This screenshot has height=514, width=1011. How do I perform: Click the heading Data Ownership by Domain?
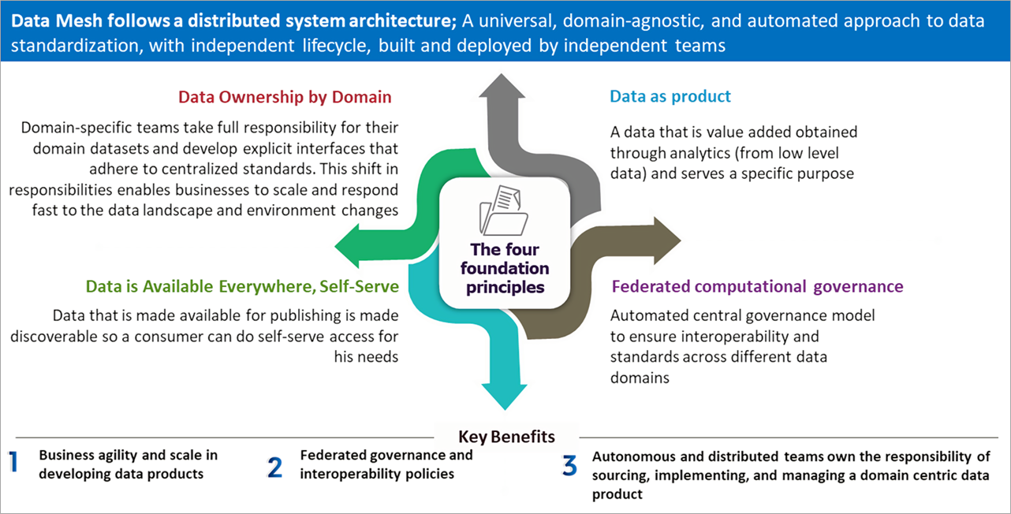point(285,97)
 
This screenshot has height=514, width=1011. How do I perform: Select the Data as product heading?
point(670,96)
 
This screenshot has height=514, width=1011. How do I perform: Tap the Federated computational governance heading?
point(757,286)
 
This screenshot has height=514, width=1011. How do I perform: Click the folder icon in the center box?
point(505,210)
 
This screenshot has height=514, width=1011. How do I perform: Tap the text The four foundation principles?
point(506,268)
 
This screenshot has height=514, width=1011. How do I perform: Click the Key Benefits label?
point(506,437)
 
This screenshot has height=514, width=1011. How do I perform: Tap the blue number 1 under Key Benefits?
point(13,463)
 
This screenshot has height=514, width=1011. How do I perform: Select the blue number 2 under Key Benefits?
point(274,467)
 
